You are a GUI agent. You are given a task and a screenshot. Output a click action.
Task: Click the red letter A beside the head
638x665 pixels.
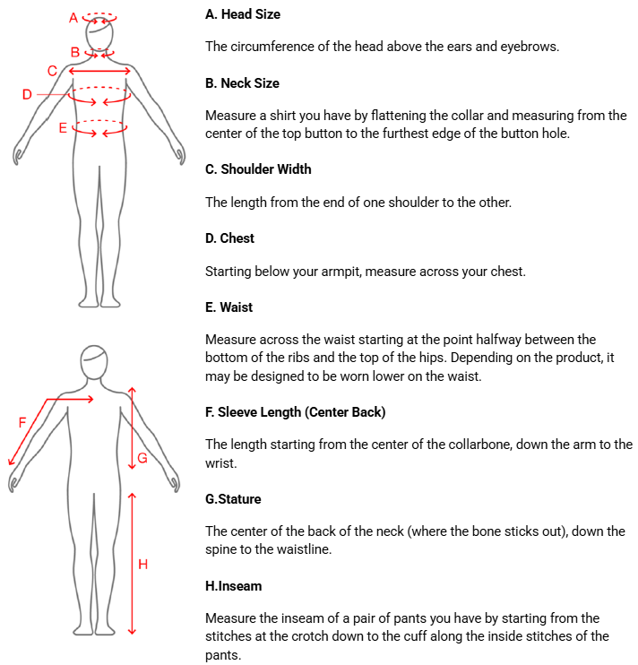pyautogui.click(x=73, y=18)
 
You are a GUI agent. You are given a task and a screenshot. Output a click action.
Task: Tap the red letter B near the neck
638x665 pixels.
pyautogui.click(x=75, y=52)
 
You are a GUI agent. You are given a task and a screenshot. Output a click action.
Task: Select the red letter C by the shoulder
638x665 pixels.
pyautogui.click(x=52, y=71)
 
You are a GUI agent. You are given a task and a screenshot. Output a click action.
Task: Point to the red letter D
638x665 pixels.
pyautogui.click(x=27, y=94)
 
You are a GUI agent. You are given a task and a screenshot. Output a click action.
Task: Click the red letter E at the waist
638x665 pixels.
pyautogui.click(x=63, y=127)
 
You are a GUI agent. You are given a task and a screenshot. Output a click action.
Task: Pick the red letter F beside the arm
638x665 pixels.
pyautogui.click(x=22, y=422)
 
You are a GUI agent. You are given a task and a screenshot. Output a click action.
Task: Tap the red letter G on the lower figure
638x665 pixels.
pyautogui.click(x=142, y=458)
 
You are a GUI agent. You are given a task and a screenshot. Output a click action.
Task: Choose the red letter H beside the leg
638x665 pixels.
pyautogui.click(x=142, y=564)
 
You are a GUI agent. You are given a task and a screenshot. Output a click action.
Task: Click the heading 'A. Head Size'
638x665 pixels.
pyautogui.click(x=243, y=14)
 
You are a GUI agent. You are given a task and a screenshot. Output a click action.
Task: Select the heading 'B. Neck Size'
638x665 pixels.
pyautogui.click(x=242, y=83)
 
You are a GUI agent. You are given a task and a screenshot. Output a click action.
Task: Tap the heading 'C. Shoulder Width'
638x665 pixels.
pyautogui.click(x=258, y=169)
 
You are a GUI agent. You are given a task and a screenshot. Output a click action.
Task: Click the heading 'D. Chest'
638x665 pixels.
pyautogui.click(x=229, y=238)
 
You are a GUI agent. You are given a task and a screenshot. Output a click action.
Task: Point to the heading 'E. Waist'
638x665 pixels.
pyautogui.click(x=228, y=307)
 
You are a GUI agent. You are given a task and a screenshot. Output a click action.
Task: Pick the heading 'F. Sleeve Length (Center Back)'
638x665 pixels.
pyautogui.click(x=296, y=412)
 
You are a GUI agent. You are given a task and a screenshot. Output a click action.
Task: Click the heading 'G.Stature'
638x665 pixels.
pyautogui.click(x=233, y=499)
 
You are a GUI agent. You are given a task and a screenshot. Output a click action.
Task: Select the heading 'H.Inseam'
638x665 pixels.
pyautogui.click(x=234, y=586)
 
